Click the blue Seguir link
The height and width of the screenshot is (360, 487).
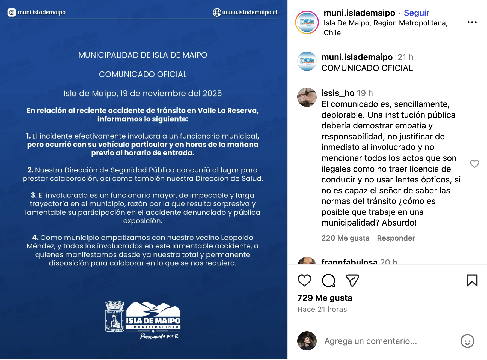tap(416, 13)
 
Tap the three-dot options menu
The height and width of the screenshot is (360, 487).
tap(472, 22)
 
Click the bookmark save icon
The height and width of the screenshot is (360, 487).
tap(472, 280)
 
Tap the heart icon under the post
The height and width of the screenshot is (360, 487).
tap(304, 280)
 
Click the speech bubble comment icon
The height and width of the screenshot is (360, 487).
tap(328, 280)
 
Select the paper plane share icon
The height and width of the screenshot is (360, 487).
tap(352, 280)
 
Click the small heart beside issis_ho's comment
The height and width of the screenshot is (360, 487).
tap(474, 164)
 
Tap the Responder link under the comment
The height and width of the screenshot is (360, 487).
tap(396, 238)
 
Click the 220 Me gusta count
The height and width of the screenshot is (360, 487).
tap(345, 238)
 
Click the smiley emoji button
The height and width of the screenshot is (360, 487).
tap(467, 341)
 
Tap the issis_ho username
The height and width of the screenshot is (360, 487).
tap(338, 93)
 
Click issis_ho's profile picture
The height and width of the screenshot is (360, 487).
tap(307, 97)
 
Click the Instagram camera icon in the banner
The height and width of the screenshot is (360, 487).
tap(11, 12)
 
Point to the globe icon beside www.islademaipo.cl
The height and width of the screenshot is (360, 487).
tap(217, 12)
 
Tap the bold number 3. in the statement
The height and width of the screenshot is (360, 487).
tap(34, 195)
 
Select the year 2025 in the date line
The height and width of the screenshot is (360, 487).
tap(212, 94)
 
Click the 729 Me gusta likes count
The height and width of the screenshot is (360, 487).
tap(325, 298)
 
